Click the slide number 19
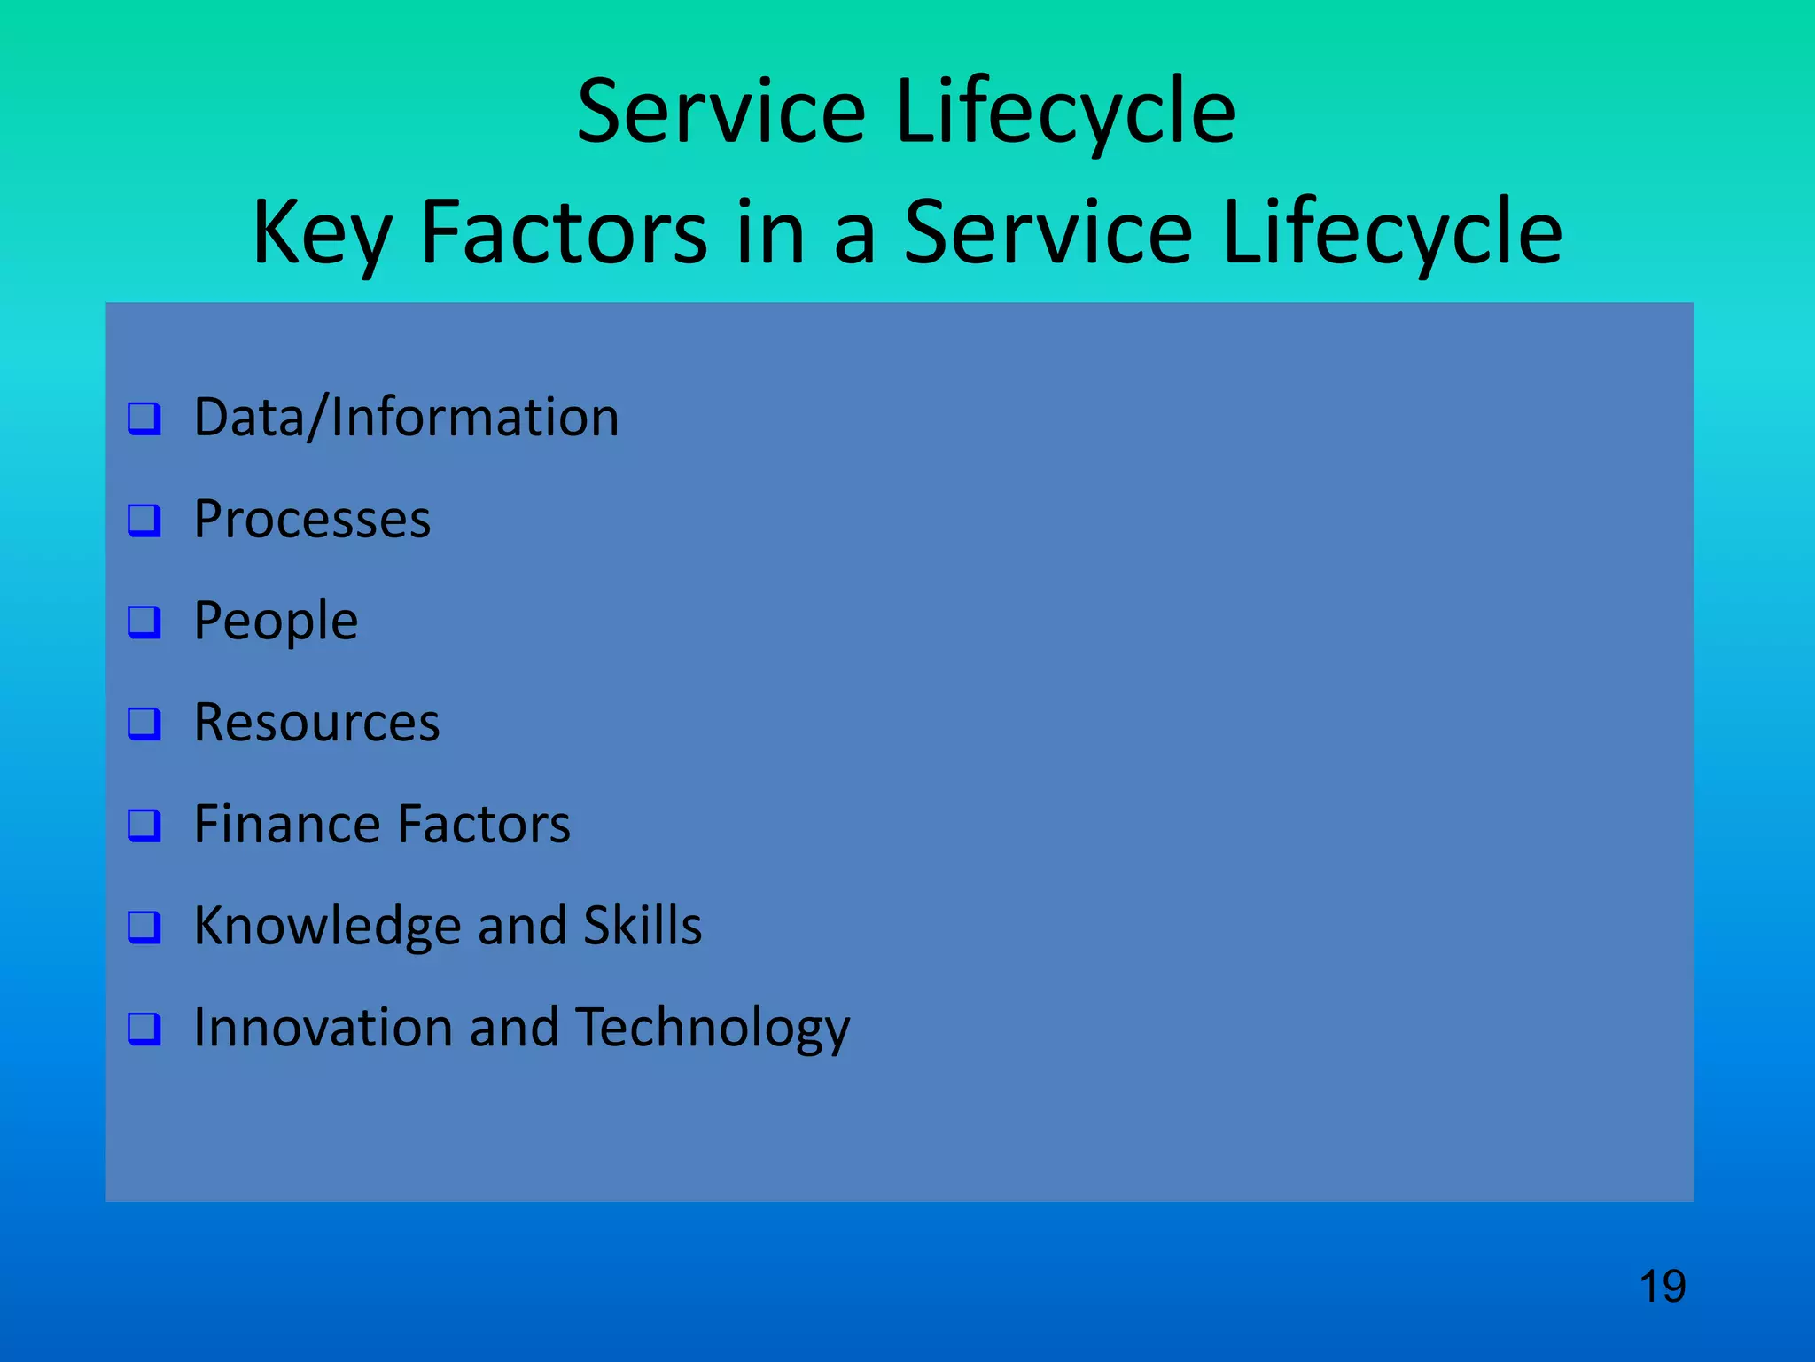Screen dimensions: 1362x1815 pyautogui.click(x=1662, y=1287)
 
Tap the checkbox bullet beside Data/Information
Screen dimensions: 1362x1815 pyautogui.click(x=144, y=419)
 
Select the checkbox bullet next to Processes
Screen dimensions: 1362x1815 pyautogui.click(x=144, y=521)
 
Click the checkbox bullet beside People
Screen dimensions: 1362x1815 pyautogui.click(x=144, y=622)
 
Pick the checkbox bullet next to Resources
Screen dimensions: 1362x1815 pyautogui.click(x=144, y=724)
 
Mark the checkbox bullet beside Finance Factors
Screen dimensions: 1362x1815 pyautogui.click(x=144, y=825)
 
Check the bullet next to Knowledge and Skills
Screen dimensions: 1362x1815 pyautogui.click(x=144, y=927)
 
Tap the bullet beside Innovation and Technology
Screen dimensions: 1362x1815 pyautogui.click(x=144, y=1029)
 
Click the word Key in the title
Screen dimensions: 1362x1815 pyautogui.click(x=321, y=232)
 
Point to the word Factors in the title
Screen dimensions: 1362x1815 pyautogui.click(x=564, y=232)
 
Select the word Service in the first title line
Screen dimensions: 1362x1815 pyautogui.click(x=721, y=112)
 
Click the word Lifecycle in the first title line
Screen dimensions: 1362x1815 pyautogui.click(x=1065, y=112)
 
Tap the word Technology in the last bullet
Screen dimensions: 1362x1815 pyautogui.click(x=713, y=1029)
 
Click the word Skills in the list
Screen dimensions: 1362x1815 pyautogui.click(x=643, y=926)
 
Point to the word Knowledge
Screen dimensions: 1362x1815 pyautogui.click(x=327, y=927)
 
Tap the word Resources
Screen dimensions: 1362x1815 pyautogui.click(x=316, y=723)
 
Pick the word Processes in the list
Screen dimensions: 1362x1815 pyautogui.click(x=312, y=520)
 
